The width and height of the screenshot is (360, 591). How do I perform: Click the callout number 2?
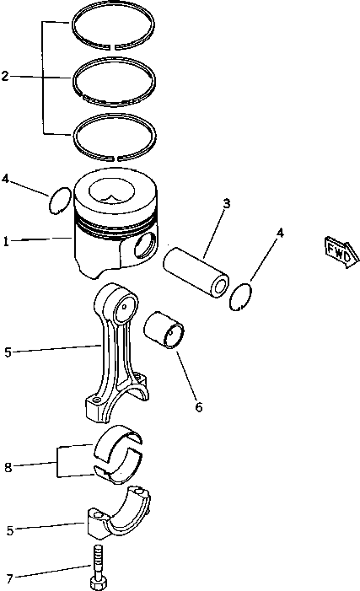tap(6, 77)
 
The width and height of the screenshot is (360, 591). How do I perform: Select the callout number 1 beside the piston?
tap(6, 241)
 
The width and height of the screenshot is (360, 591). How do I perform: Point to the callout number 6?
tap(199, 406)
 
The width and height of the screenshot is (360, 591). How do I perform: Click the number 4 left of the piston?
tap(6, 179)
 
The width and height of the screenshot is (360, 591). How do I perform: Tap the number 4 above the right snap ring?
tap(280, 233)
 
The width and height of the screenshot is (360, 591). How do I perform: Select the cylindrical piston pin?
tap(196, 271)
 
